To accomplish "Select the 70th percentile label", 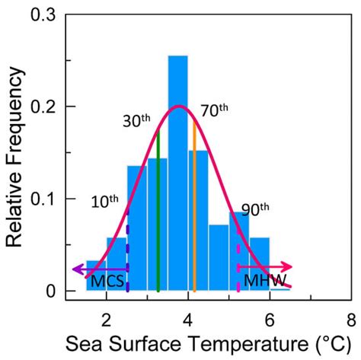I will pos(214,110).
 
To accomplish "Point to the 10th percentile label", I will pos(104,202).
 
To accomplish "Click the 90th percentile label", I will pos(254,209).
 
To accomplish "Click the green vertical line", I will pos(158,213).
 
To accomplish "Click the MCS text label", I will pos(106,282).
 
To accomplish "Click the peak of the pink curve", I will pos(178,106).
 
